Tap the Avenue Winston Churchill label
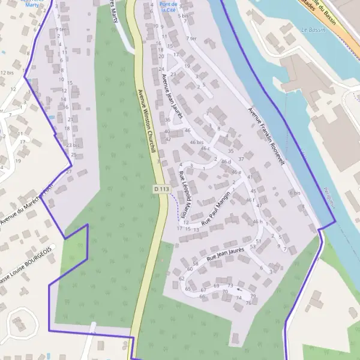point(147,120)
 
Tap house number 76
point(248,303)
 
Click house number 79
point(253,296)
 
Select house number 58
point(196,264)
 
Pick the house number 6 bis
point(294,193)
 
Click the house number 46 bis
point(197,142)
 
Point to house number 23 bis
point(73,145)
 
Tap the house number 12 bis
point(7,72)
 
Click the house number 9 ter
point(61,29)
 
